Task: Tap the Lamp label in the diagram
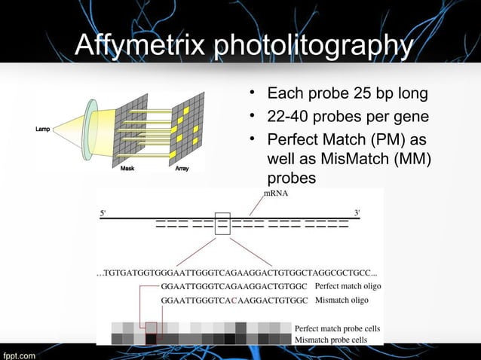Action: pos(43,130)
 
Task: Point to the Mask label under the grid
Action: pos(129,169)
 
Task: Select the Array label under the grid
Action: pos(182,169)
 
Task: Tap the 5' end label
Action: pos(103,212)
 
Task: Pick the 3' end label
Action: pos(357,212)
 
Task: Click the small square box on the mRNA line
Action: pos(222,224)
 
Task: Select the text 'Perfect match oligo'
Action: pos(348,286)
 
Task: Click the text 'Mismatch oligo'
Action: pos(342,300)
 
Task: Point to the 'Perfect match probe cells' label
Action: pos(337,329)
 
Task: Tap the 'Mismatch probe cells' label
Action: pos(331,340)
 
